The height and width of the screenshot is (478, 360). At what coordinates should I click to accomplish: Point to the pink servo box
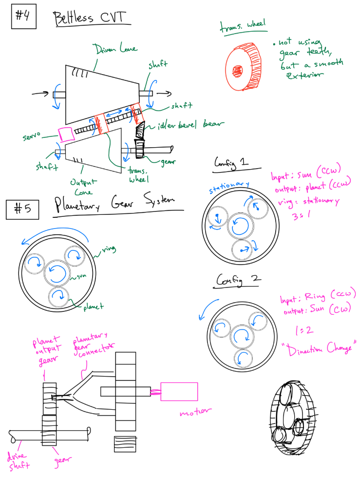point(64,133)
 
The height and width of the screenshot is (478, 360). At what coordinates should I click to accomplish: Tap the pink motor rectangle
point(179,391)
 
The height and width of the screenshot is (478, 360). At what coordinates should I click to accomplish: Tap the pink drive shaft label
point(19,461)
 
